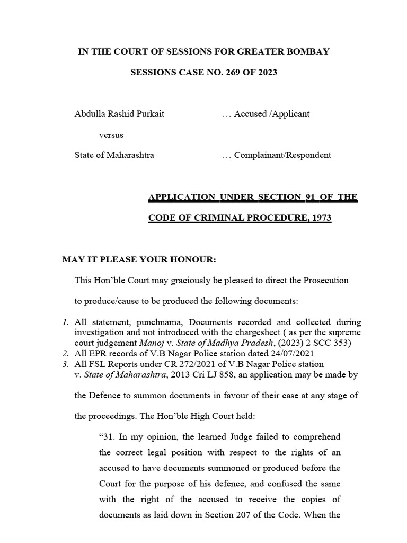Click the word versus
coord(111,135)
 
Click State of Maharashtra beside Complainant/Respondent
coord(114,155)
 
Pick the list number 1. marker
coord(65,322)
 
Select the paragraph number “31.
coord(107,437)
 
